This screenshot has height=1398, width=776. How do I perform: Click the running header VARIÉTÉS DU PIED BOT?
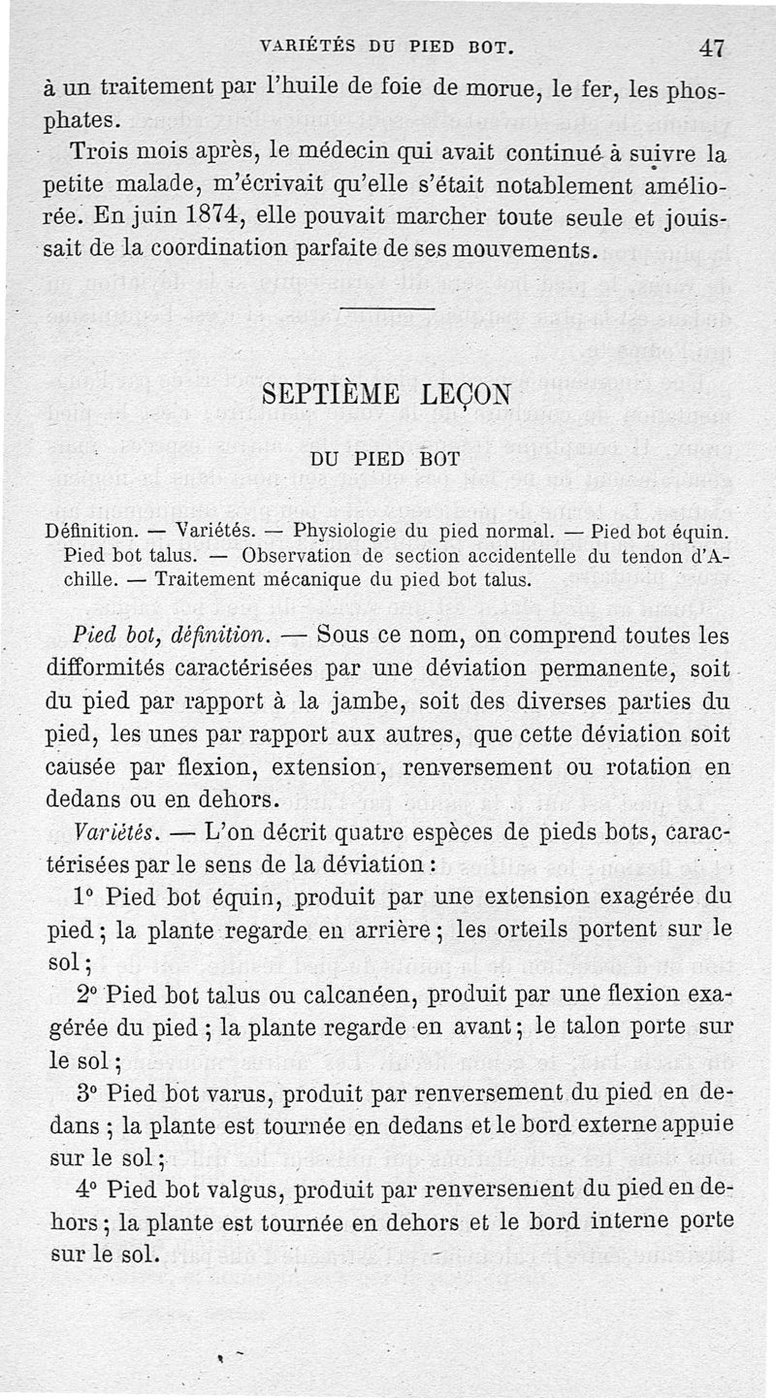[x=386, y=47]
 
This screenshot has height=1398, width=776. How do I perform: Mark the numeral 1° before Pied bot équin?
[x=83, y=896]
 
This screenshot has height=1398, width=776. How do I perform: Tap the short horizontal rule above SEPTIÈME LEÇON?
[x=387, y=311]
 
